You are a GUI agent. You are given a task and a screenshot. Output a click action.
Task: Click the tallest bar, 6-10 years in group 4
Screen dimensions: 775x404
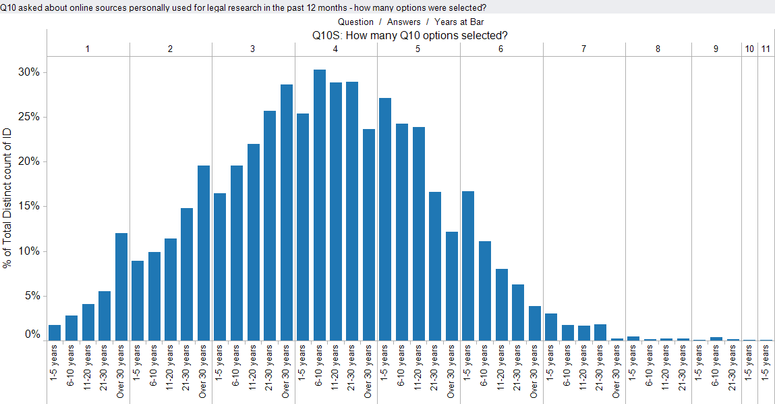pyautogui.click(x=319, y=205)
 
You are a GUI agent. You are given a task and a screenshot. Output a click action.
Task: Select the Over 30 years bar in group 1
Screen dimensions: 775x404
pyautogui.click(x=121, y=286)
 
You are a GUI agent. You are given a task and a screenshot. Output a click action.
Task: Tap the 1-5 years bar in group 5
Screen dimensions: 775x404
pyautogui.click(x=385, y=220)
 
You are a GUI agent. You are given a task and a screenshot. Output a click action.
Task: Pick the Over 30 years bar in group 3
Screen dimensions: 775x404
pyautogui.click(x=286, y=212)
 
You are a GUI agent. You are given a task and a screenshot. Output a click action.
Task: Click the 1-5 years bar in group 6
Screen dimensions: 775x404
pyautogui.click(x=468, y=266)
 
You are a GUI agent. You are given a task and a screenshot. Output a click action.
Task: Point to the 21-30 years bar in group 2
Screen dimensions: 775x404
pyautogui.click(x=187, y=274)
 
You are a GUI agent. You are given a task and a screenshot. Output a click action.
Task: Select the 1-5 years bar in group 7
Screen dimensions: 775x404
pyautogui.click(x=551, y=327)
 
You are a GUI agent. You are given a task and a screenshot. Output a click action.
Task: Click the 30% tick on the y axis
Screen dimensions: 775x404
pyautogui.click(x=29, y=72)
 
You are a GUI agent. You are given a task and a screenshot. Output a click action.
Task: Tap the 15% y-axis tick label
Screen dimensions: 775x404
pyautogui.click(x=29, y=206)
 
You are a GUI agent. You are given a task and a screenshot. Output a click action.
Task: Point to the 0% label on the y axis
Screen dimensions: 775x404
pyautogui.click(x=32, y=334)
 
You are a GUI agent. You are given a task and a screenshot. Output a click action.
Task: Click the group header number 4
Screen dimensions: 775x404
pyautogui.click(x=336, y=49)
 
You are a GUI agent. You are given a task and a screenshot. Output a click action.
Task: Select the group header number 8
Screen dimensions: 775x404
pyautogui.click(x=658, y=49)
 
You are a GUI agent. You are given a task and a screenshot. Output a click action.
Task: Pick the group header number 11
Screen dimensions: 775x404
pyautogui.click(x=766, y=49)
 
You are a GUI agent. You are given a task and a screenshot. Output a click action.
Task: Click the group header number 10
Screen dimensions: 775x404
pyautogui.click(x=749, y=49)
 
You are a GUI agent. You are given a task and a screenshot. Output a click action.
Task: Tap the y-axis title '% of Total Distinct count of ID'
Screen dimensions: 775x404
pyautogui.click(x=7, y=198)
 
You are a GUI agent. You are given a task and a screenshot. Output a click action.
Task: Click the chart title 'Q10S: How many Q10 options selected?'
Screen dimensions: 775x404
pyautogui.click(x=409, y=35)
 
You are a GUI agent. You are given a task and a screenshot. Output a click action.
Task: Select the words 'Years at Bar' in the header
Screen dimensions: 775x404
pyautogui.click(x=459, y=22)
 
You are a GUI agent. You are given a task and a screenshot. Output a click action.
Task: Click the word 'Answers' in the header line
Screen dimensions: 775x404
pyautogui.click(x=404, y=22)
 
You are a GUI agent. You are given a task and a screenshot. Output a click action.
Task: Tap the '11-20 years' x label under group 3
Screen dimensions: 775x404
pyautogui.click(x=252, y=368)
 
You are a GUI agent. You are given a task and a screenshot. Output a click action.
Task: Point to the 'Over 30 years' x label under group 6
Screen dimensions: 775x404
pyautogui.click(x=534, y=372)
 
